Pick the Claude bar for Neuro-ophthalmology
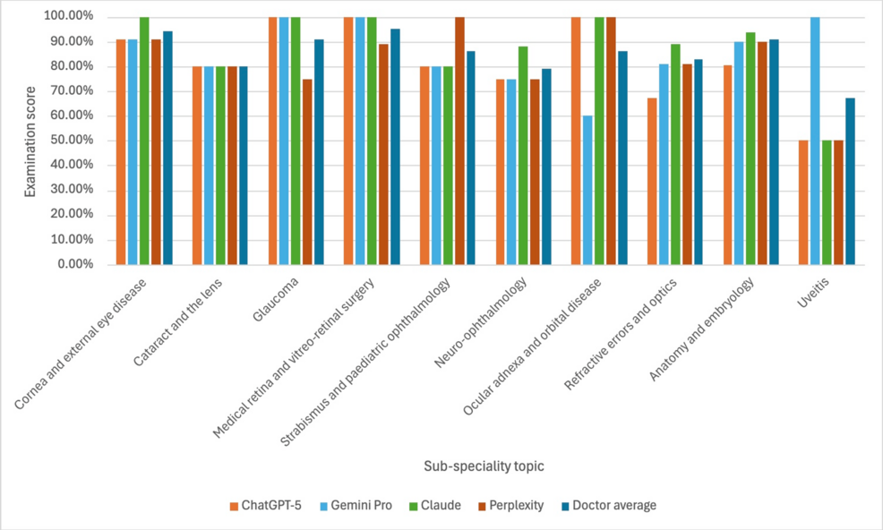(x=523, y=156)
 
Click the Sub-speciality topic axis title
(x=484, y=466)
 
